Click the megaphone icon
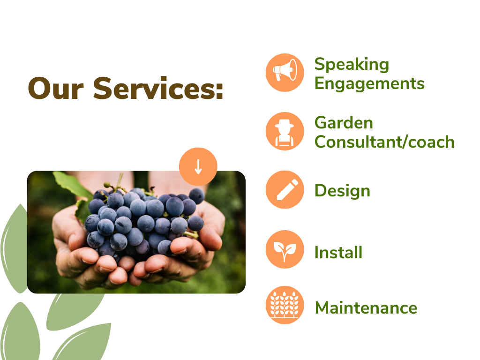tap(285, 73)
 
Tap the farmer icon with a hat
tap(285, 131)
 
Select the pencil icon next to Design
tap(285, 190)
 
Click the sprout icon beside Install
tap(285, 249)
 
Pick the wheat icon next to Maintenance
tap(285, 305)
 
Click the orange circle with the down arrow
tap(198, 166)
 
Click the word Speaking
tap(352, 65)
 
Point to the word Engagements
tap(369, 84)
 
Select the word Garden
tap(344, 123)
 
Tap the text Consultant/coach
tap(384, 142)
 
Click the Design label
tap(343, 191)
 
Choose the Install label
tap(338, 253)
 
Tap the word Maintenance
tap(366, 307)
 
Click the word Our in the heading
tap(56, 89)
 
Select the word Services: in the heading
tap(158, 88)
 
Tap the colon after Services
tap(219, 91)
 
